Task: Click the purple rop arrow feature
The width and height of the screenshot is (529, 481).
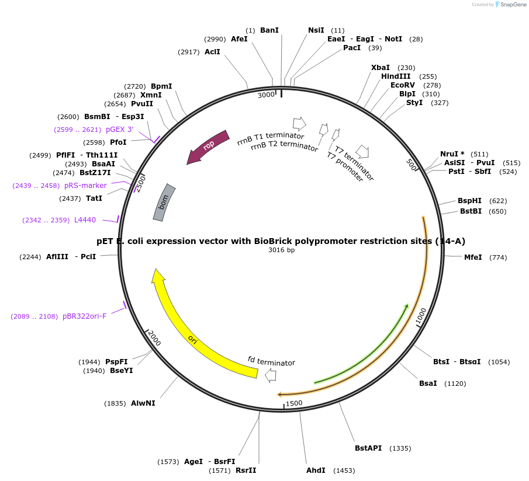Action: tap(208, 147)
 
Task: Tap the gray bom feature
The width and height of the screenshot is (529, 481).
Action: tap(164, 202)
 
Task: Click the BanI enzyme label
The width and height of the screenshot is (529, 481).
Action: tap(269, 30)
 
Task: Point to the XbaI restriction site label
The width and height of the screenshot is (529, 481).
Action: tap(381, 68)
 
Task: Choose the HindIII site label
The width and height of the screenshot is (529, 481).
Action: tap(396, 76)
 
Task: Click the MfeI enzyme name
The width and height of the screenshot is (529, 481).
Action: tap(473, 257)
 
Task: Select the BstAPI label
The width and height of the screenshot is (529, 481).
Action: tap(368, 448)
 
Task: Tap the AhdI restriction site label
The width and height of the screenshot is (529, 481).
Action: tap(316, 470)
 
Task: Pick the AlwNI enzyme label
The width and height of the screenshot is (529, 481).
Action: tap(143, 403)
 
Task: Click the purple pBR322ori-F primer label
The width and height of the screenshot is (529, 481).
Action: tap(85, 316)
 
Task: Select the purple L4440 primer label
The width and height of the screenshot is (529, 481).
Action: tap(85, 220)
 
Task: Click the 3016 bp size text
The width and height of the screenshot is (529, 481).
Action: tap(281, 250)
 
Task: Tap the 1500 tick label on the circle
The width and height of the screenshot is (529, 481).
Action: tap(294, 403)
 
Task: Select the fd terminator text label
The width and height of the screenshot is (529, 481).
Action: tap(271, 361)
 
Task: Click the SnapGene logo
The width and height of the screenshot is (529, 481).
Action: tap(510, 5)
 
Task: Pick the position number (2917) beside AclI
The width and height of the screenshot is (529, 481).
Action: tap(188, 52)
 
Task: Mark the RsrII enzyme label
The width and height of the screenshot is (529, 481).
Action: tap(246, 470)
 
